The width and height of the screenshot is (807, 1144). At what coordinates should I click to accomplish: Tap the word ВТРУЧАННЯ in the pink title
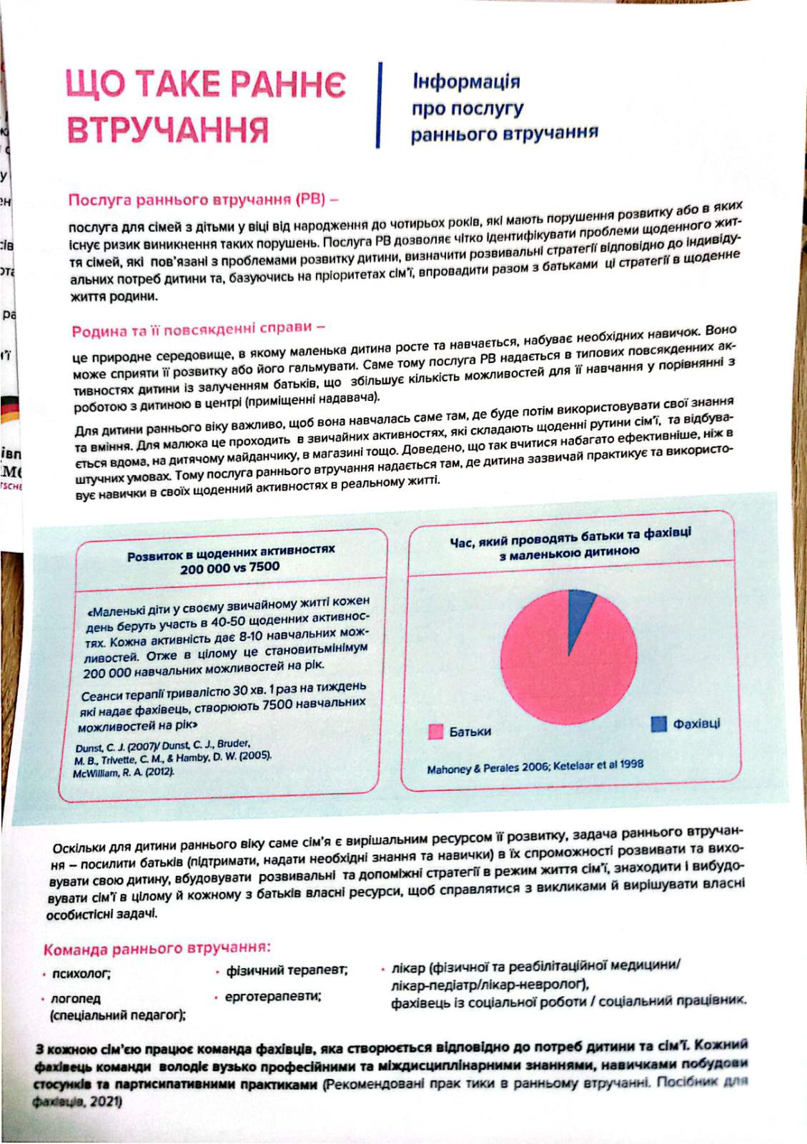point(168,129)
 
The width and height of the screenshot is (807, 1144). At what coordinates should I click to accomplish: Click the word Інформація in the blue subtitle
point(466,81)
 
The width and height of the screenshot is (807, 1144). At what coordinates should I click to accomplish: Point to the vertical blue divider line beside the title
point(379,105)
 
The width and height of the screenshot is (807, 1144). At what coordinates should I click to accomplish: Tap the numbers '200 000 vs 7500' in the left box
point(230,568)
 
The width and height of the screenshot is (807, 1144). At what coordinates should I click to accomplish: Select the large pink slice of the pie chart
point(561,661)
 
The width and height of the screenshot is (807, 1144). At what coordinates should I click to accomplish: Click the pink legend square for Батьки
point(435,732)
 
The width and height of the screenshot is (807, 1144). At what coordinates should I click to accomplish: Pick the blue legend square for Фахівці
point(658,724)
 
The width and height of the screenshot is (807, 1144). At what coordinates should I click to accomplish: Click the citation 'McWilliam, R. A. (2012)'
point(124,772)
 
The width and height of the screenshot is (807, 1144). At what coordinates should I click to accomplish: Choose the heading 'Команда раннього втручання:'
point(157,949)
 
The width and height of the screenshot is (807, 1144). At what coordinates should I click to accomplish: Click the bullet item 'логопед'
point(76,998)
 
